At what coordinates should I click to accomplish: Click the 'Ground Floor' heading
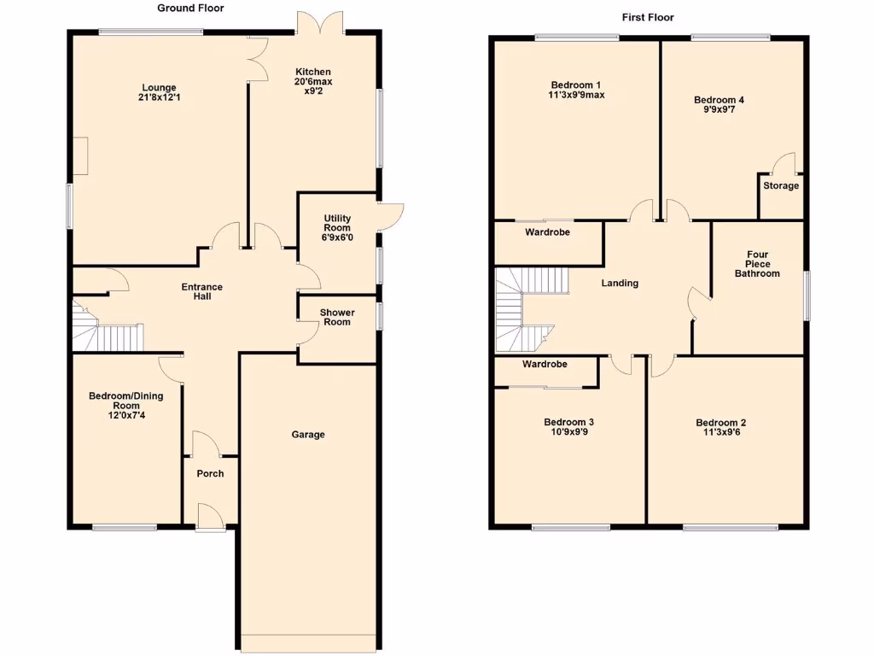(190, 8)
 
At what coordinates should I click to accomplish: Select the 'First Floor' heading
(648, 17)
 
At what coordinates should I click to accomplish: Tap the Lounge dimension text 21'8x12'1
(159, 98)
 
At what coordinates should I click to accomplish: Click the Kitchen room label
(313, 72)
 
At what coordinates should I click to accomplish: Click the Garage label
(308, 435)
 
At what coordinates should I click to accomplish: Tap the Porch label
(210, 473)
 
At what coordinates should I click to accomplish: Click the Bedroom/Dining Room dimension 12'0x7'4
(125, 416)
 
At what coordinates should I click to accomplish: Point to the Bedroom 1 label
(576, 85)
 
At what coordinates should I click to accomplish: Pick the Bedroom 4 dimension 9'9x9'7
(719, 110)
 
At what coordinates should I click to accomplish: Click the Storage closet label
(781, 185)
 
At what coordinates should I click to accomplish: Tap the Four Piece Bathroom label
(757, 264)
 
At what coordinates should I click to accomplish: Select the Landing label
(620, 283)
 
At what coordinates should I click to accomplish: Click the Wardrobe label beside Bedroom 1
(547, 232)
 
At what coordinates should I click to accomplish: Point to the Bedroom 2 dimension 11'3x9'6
(720, 433)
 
